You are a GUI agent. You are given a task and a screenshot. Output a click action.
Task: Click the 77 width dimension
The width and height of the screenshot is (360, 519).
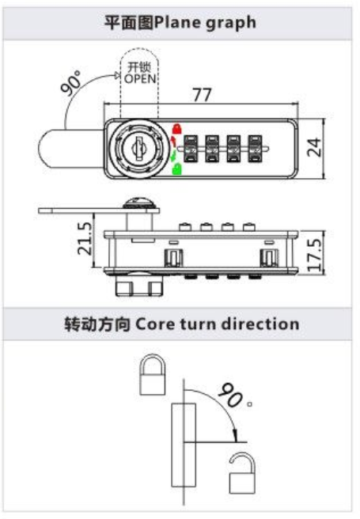(203, 95)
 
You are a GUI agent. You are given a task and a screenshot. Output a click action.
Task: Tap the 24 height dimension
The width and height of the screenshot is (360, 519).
(314, 147)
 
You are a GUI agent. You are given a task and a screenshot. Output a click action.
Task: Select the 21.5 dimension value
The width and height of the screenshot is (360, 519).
(85, 238)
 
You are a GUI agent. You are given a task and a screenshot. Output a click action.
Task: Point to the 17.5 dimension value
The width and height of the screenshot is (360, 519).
(314, 255)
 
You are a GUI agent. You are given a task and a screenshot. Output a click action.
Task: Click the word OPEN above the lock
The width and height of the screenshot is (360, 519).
(140, 79)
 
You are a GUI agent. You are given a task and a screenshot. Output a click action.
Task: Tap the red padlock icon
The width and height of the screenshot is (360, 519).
(177, 128)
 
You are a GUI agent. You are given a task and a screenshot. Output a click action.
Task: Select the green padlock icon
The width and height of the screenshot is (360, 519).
(177, 169)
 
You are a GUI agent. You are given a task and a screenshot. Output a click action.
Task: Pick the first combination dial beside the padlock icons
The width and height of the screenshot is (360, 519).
(191, 149)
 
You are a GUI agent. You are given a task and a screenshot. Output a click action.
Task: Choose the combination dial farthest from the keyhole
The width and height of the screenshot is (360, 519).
(255, 149)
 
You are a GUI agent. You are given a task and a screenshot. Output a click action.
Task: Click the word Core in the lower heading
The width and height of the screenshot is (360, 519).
(154, 324)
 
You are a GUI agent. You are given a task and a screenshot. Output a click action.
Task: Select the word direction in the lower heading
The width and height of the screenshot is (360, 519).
(260, 324)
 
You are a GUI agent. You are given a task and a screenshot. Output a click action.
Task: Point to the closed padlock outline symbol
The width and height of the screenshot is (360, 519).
(152, 374)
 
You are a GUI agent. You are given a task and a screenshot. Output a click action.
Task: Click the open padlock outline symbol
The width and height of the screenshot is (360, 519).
(242, 472)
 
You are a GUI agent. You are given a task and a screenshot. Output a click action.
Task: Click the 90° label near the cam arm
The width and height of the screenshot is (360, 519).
(71, 82)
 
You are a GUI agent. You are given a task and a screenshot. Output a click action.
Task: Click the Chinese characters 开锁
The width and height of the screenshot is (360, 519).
(140, 67)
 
